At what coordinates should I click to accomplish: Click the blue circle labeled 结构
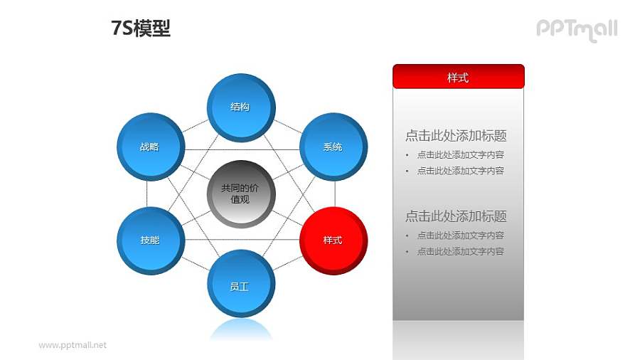pyautogui.click(x=240, y=107)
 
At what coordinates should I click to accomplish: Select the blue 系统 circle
pyautogui.click(x=333, y=147)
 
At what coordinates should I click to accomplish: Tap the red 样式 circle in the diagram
pyautogui.click(x=333, y=240)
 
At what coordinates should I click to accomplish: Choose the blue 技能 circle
pyautogui.click(x=149, y=240)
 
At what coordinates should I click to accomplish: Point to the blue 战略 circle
pyautogui.click(x=149, y=147)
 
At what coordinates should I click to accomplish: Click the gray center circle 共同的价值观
pyautogui.click(x=240, y=194)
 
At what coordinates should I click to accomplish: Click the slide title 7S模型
pyautogui.click(x=141, y=28)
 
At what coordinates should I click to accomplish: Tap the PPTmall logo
pyautogui.click(x=576, y=29)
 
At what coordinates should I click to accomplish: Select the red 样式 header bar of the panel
pyautogui.click(x=458, y=77)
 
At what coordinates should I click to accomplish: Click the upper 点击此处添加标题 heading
pyautogui.click(x=456, y=136)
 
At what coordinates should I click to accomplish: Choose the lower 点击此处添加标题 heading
pyautogui.click(x=456, y=216)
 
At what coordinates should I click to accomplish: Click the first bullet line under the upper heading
pyautogui.click(x=460, y=154)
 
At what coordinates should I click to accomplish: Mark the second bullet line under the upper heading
pyautogui.click(x=460, y=171)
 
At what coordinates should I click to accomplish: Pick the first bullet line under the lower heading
pyautogui.click(x=460, y=235)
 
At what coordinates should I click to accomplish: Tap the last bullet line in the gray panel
pyautogui.click(x=460, y=251)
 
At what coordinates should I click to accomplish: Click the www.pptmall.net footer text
pyautogui.click(x=73, y=345)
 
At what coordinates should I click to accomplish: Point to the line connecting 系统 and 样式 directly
pyautogui.click(x=335, y=194)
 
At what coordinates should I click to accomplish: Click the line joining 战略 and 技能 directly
pyautogui.click(x=147, y=194)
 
